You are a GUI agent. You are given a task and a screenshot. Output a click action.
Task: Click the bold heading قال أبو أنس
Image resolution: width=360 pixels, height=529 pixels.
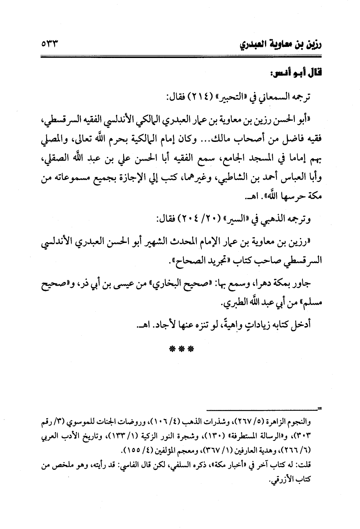point(299,72)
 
